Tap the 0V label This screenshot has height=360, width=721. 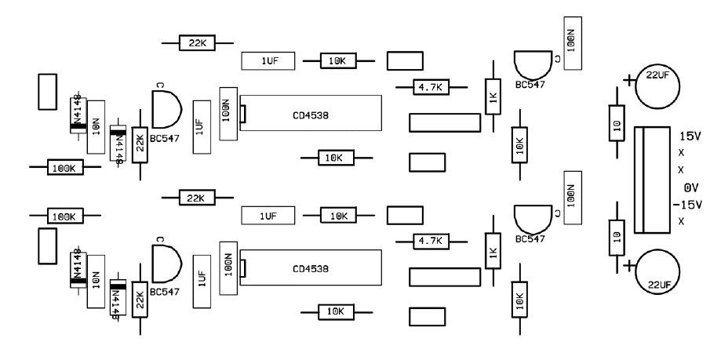click(690, 188)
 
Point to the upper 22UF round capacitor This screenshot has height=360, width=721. click(657, 89)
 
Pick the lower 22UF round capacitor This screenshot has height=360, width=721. click(657, 271)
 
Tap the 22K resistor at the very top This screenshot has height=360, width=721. click(197, 42)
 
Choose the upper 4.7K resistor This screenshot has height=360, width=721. click(429, 88)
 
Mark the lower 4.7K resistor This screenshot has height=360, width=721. click(429, 240)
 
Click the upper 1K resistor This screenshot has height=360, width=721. click(493, 96)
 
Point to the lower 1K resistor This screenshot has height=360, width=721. click(493, 251)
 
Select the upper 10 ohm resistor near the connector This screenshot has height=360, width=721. click(616, 124)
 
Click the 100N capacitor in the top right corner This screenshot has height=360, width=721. click(570, 42)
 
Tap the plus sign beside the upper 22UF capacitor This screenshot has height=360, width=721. click(628, 79)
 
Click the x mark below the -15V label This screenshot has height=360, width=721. click(681, 222)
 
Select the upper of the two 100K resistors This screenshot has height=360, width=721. click(63, 167)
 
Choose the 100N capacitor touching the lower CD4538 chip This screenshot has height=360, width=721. click(228, 266)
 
